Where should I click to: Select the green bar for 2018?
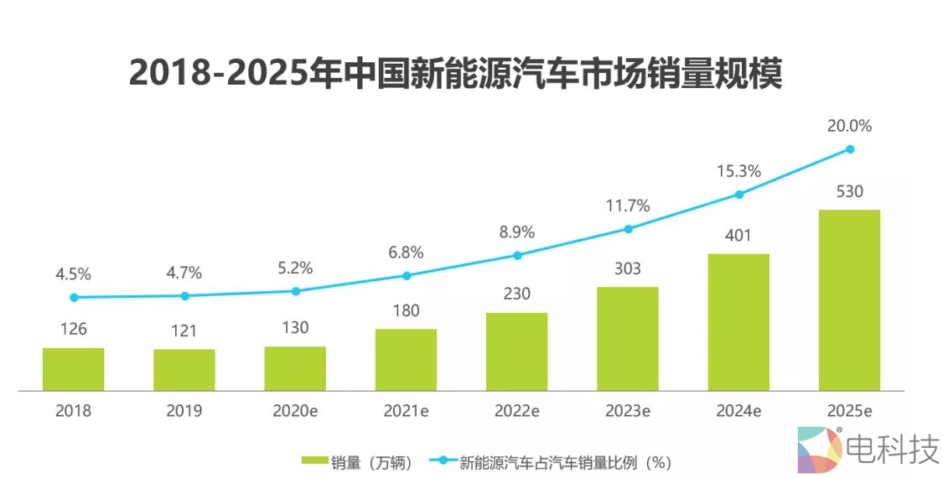click(74, 369)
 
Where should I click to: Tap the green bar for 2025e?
click(849, 300)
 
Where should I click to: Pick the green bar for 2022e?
click(517, 351)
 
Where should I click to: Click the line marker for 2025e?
click(850, 149)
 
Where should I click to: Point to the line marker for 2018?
click(74, 297)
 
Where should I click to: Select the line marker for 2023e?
click(628, 228)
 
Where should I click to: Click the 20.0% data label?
click(850, 126)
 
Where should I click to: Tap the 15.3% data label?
click(738, 171)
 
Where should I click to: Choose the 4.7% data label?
click(184, 273)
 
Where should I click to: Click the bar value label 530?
click(849, 191)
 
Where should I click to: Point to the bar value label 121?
click(184, 331)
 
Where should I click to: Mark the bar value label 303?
click(627, 268)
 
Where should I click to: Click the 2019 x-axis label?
click(184, 411)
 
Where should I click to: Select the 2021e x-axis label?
click(406, 411)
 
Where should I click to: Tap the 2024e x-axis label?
click(738, 411)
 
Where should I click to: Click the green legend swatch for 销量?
click(314, 461)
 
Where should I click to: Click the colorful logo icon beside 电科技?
click(818, 450)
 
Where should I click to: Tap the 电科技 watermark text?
click(893, 450)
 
